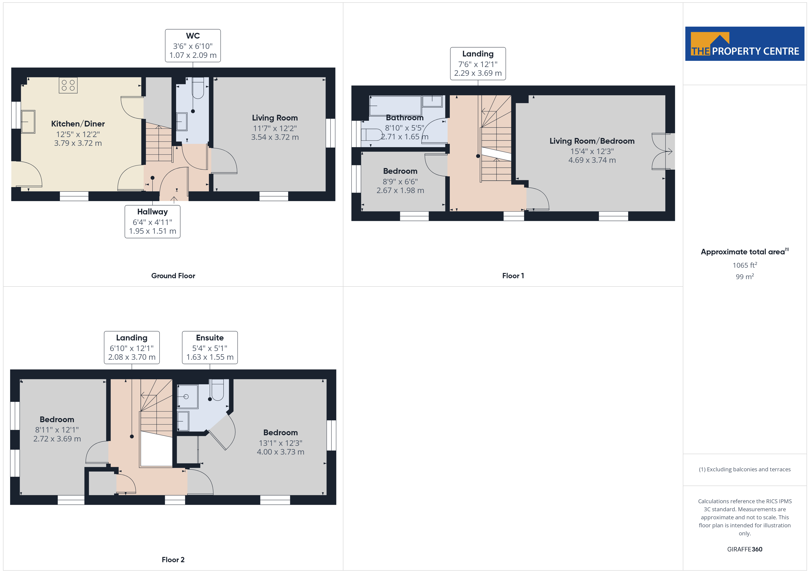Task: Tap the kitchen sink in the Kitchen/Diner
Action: [28, 122]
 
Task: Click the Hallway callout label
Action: [152, 222]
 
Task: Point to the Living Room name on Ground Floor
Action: [275, 118]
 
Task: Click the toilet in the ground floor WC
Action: [198, 88]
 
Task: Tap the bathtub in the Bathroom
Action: [396, 106]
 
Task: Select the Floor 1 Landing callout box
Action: [478, 64]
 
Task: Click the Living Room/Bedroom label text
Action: [592, 141]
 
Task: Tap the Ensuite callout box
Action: [210, 348]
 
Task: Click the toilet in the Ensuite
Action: [217, 390]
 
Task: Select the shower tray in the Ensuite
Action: [187, 397]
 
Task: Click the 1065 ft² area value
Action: [745, 265]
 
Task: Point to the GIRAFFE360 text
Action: [745, 549]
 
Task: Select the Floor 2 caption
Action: [173, 560]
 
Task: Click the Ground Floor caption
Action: [173, 275]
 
